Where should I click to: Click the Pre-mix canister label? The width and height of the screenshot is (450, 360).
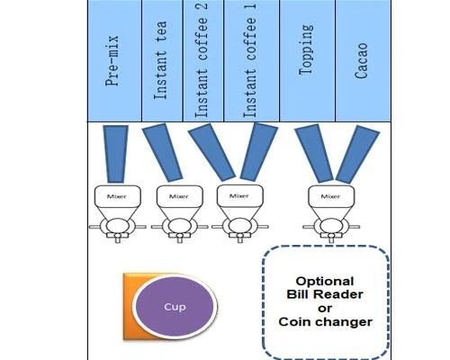click(112, 61)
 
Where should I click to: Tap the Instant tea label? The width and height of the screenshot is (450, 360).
click(160, 60)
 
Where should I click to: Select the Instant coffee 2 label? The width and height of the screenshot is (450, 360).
click(202, 60)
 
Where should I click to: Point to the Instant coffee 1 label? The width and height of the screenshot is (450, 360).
click(250, 60)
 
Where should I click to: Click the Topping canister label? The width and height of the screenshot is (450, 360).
click(306, 49)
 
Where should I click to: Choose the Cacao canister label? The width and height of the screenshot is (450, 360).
click(361, 61)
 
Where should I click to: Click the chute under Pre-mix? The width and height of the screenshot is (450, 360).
click(115, 154)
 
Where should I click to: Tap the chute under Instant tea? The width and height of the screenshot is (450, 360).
click(162, 152)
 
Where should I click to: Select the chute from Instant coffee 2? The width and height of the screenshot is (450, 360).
click(211, 152)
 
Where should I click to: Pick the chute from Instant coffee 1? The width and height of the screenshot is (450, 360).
click(259, 152)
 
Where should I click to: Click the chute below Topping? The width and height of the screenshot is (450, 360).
click(314, 154)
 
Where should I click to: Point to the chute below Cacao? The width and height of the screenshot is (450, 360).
click(357, 155)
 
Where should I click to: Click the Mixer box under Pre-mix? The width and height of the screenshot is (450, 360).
click(118, 196)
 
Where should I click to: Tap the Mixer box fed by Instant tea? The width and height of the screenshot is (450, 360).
click(180, 196)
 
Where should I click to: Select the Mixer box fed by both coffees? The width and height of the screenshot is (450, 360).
click(240, 195)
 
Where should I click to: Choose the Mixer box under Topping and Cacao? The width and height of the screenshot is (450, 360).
click(331, 196)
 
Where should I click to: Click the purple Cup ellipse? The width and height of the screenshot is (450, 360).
click(175, 307)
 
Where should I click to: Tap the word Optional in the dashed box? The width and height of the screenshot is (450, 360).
click(325, 282)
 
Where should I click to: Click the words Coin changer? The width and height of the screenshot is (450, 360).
click(326, 322)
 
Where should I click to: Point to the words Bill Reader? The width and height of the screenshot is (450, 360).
click(325, 294)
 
